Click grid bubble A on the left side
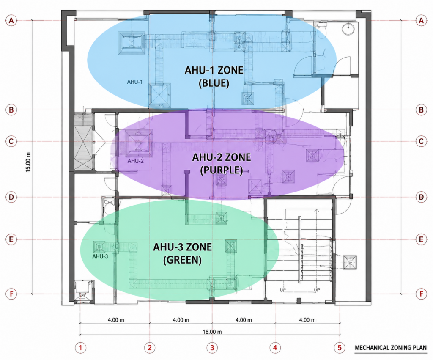[x=11, y=21]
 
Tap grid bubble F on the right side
[x=421, y=294]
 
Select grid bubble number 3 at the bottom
[x=212, y=348]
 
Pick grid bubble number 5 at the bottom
[x=340, y=348]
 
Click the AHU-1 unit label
[x=135, y=82]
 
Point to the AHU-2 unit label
[x=136, y=161]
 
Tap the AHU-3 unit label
[x=100, y=256]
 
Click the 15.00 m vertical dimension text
[x=28, y=162]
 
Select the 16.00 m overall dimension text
[x=212, y=332]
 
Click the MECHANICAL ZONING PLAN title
[x=391, y=348]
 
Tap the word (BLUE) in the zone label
[x=214, y=83]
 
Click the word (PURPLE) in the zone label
[x=222, y=170]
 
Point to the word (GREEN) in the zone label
[x=182, y=260]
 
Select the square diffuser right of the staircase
[x=350, y=262]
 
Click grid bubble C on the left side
[x=11, y=141]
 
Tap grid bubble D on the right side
[x=421, y=197]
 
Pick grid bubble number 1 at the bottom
[x=80, y=348]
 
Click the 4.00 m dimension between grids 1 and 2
[x=116, y=320]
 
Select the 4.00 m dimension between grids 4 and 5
[x=307, y=320]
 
